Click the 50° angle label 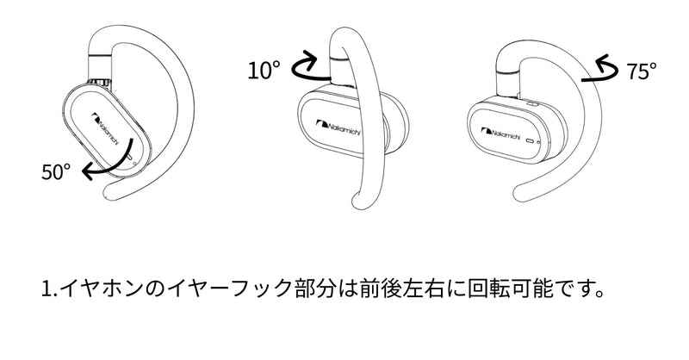click(56, 171)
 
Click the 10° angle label click(264, 71)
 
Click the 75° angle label click(642, 71)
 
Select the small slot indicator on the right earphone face click(530, 141)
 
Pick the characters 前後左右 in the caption click(400, 289)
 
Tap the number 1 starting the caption click(47, 289)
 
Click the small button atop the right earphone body click(532, 104)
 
